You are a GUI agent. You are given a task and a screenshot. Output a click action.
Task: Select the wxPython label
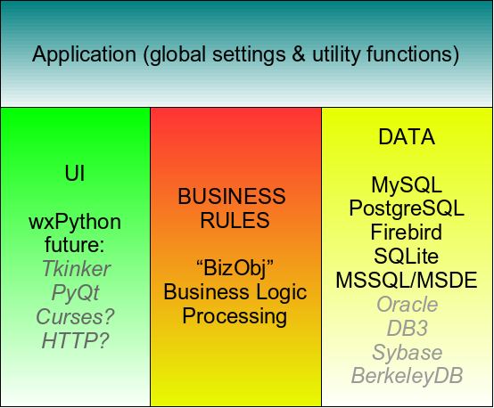click(75, 221)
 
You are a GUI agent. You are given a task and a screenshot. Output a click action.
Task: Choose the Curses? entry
click(75, 316)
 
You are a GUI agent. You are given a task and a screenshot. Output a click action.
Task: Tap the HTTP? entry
click(75, 340)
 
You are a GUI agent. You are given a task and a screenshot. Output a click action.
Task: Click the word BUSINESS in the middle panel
click(232, 196)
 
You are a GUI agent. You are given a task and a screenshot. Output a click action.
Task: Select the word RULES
click(232, 220)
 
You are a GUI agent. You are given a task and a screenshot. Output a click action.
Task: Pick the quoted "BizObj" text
click(232, 268)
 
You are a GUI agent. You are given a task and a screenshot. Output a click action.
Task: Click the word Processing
click(232, 316)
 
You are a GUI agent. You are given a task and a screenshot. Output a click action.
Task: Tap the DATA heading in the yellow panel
click(407, 137)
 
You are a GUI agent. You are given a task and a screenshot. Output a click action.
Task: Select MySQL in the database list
click(407, 185)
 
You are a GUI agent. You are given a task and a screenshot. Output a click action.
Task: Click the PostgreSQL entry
click(407, 209)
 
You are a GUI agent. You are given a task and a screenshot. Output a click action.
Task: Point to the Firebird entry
click(407, 233)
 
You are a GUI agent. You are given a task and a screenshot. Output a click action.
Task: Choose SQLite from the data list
click(407, 257)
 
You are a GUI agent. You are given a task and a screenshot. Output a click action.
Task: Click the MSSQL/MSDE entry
click(407, 281)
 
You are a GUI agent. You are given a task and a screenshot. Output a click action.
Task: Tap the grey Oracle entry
click(407, 305)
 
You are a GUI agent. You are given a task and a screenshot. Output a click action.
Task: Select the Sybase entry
click(407, 353)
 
